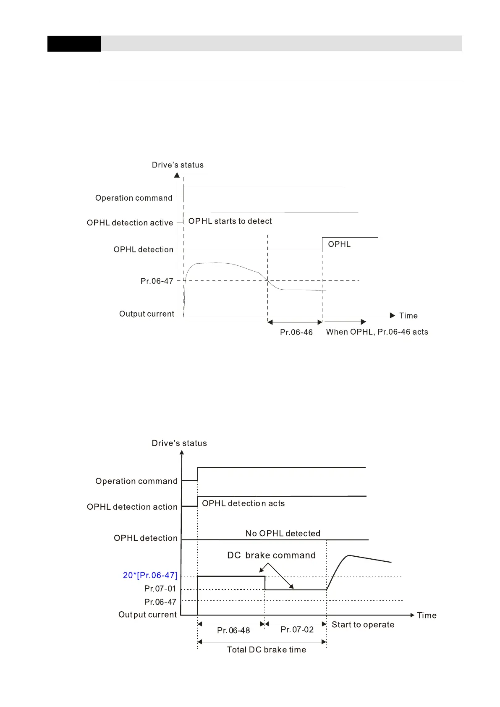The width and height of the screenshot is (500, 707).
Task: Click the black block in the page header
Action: (74, 44)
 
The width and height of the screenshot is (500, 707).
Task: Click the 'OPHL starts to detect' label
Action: (230, 221)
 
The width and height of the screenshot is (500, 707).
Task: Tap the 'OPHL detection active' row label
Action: (130, 223)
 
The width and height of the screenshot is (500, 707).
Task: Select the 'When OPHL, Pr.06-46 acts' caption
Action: (377, 332)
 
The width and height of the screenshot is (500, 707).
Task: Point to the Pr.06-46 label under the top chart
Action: (296, 333)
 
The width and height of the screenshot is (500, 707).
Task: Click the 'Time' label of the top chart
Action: (408, 316)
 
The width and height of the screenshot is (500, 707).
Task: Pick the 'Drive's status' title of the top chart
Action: (178, 165)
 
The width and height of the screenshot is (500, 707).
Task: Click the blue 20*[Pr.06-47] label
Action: (150, 576)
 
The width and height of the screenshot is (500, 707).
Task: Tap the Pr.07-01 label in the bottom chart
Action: (160, 589)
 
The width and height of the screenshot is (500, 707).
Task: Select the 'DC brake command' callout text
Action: (271, 555)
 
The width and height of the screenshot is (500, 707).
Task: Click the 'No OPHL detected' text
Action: (283, 534)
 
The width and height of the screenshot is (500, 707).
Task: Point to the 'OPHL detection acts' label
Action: (243, 503)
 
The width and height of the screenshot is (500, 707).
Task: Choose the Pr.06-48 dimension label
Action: (233, 631)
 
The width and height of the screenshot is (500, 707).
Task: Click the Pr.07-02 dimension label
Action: (297, 630)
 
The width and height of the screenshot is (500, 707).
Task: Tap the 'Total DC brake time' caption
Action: (267, 650)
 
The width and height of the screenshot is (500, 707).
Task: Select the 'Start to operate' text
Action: (363, 625)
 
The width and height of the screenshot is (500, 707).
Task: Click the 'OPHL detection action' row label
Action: (132, 507)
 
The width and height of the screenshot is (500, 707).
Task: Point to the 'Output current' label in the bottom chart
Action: (148, 615)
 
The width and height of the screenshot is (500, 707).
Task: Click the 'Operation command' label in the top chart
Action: (134, 198)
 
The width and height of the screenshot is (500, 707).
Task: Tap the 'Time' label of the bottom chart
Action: (427, 615)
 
